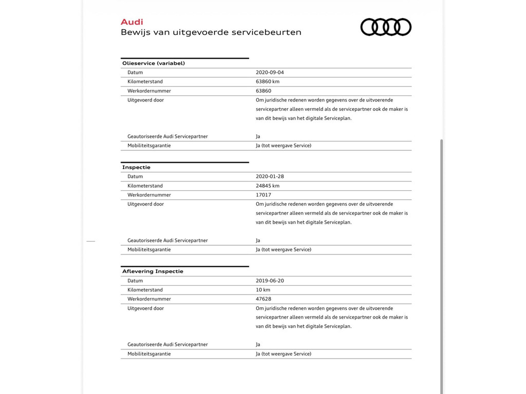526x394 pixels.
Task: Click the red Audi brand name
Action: tap(131, 22)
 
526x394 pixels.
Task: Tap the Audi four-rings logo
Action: tap(386, 27)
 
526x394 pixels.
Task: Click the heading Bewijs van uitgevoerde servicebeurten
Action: tap(211, 32)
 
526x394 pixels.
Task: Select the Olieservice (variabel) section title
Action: tap(153, 63)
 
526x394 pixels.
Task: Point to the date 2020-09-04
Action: tap(270, 72)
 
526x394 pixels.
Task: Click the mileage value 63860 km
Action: tap(268, 82)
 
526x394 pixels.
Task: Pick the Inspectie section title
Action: tap(136, 167)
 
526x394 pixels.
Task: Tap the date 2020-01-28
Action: tap(270, 176)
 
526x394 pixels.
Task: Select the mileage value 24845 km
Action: tap(268, 186)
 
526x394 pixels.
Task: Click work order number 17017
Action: tap(264, 195)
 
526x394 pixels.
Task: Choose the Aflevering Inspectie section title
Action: tap(153, 271)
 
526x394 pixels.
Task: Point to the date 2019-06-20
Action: tap(270, 281)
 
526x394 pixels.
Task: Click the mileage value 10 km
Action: tap(263, 290)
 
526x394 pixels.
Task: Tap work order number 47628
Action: tap(264, 299)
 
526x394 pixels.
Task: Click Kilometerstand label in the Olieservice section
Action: tap(145, 82)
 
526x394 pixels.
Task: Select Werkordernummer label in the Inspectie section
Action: tap(149, 195)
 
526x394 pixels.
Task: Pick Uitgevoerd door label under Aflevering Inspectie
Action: tap(145, 308)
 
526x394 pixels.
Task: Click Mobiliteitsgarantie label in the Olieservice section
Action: tap(149, 146)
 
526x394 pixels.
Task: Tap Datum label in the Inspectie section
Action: tap(135, 176)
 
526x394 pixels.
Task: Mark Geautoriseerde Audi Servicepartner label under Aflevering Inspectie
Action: tap(167, 345)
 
